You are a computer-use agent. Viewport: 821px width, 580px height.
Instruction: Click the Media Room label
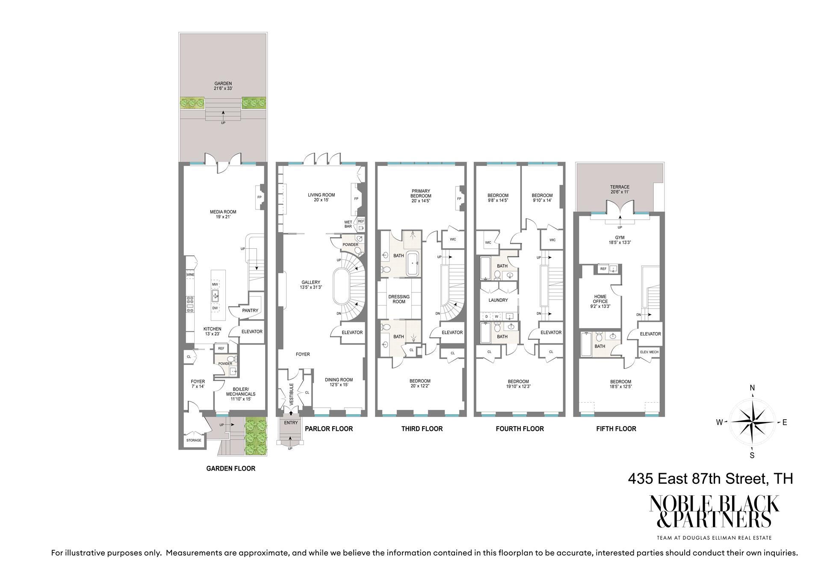[223, 214]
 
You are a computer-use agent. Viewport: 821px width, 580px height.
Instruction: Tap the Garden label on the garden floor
[223, 86]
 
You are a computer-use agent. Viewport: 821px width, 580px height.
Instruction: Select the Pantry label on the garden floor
[250, 311]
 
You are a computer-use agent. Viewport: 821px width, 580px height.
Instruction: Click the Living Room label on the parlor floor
[321, 197]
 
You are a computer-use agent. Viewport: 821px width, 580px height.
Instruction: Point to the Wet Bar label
[348, 224]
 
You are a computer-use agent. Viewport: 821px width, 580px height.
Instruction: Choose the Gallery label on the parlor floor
[310, 285]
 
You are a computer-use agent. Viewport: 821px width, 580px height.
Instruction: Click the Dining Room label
[339, 382]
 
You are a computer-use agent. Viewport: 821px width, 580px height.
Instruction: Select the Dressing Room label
[399, 299]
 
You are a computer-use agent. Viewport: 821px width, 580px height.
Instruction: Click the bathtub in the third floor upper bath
[413, 263]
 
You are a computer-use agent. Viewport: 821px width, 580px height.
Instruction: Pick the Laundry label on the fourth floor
[498, 300]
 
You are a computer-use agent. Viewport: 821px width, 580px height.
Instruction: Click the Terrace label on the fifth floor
[620, 189]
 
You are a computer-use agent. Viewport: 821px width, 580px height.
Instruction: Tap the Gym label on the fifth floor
[620, 240]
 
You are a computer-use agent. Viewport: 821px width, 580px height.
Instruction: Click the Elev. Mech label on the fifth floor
[649, 352]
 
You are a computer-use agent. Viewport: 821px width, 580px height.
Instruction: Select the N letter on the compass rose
[752, 388]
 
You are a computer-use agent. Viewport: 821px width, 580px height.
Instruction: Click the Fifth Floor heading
[616, 429]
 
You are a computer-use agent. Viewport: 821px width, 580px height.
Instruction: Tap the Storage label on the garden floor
[193, 440]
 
